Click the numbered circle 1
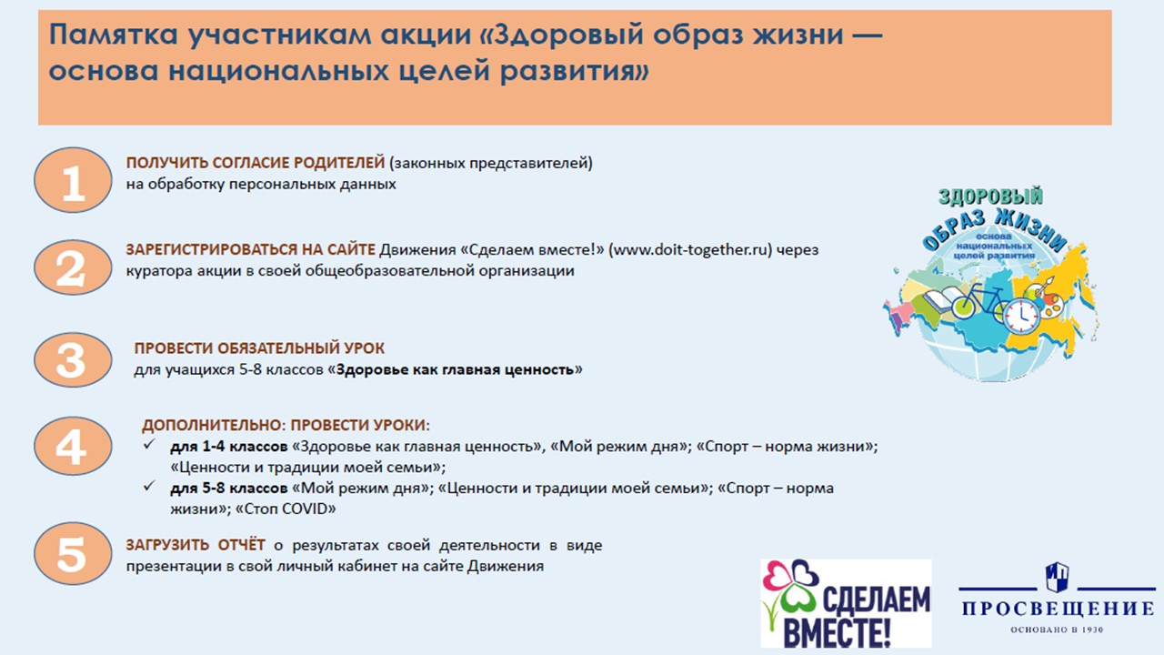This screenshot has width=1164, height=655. [x=73, y=180]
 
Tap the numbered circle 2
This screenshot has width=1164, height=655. [x=73, y=267]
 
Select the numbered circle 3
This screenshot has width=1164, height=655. [x=73, y=359]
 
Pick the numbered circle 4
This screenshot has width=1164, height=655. [x=73, y=446]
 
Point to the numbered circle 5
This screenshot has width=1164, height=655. [x=73, y=554]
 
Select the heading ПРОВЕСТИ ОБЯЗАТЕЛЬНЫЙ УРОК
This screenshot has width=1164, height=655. [x=259, y=348]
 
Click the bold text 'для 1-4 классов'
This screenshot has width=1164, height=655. [x=228, y=447]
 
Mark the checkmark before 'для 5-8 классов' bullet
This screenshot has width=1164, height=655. [x=150, y=486]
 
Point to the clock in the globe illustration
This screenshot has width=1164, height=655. [x=1021, y=316]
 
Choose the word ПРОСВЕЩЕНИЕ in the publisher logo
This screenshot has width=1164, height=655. [x=1058, y=609]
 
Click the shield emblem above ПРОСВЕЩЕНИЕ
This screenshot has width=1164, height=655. [x=1057, y=577]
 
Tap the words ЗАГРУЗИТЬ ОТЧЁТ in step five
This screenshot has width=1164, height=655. [x=196, y=545]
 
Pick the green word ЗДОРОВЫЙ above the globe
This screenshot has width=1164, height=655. [x=990, y=196]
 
